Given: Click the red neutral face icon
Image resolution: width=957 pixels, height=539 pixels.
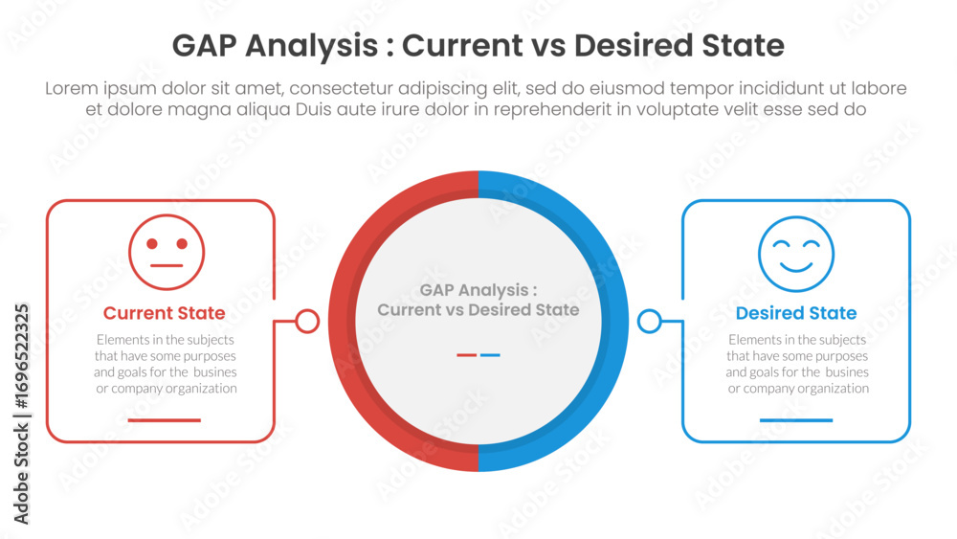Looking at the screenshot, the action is (167, 252).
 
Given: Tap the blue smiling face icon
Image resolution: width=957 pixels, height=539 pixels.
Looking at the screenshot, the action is (796, 254).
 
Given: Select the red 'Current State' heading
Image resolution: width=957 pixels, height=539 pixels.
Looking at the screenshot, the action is (165, 313).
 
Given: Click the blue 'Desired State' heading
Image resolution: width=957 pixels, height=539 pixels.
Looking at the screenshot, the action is (796, 313).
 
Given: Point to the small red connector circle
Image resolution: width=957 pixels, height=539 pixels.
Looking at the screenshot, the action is (307, 321).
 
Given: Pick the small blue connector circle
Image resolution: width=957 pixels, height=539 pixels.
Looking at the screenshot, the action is (650, 321).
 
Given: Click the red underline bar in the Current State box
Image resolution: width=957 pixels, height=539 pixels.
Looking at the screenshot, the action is (165, 420).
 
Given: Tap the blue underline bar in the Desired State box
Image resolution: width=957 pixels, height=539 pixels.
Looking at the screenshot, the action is (796, 420).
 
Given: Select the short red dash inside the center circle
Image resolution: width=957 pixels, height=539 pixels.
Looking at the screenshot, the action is (466, 354).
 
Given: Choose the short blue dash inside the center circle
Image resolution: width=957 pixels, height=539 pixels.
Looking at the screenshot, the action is (490, 354).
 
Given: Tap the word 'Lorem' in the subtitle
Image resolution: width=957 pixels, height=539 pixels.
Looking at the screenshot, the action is (72, 88).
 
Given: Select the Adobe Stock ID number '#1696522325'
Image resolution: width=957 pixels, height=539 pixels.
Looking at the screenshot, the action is (21, 356).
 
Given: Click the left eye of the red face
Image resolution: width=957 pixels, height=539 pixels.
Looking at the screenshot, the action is (152, 243).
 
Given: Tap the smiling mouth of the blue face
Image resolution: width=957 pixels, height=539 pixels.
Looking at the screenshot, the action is (796, 267).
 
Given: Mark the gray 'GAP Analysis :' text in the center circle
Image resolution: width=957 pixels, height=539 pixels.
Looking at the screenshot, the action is (478, 290).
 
